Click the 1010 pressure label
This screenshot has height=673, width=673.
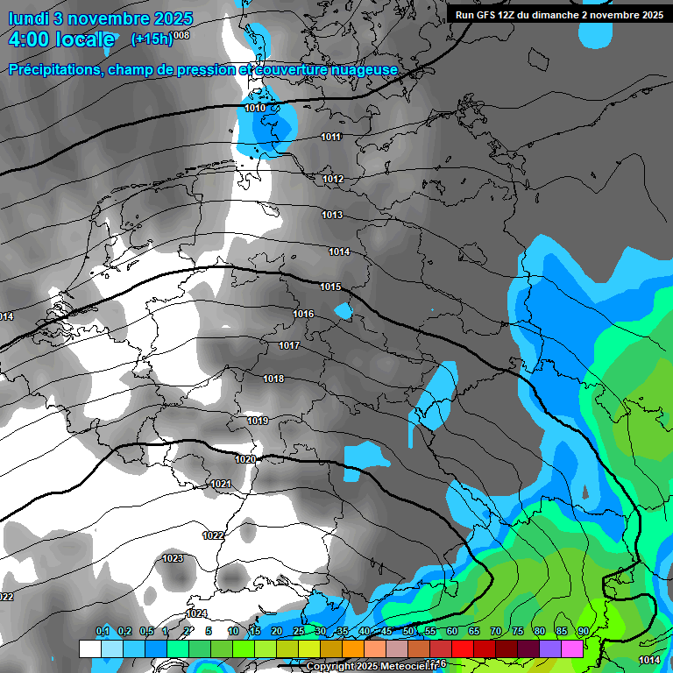click(255, 108)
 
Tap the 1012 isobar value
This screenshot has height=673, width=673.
click(333, 180)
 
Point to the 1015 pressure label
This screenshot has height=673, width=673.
click(330, 287)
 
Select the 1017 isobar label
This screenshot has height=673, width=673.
click(289, 346)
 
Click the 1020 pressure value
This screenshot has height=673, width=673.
click(245, 459)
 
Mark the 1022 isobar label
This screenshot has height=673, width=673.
click(213, 535)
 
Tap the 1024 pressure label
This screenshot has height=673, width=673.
click(196, 613)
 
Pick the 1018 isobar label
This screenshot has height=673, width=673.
click(273, 379)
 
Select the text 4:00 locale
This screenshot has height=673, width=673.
click(61, 39)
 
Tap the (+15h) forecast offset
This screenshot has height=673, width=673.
click(151, 39)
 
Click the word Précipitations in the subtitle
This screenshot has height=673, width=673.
click(53, 69)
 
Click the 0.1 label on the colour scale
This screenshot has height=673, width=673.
click(103, 632)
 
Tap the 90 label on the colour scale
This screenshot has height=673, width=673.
click(583, 632)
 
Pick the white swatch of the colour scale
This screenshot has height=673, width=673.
click(89, 648)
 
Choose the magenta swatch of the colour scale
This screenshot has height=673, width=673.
click(572, 648)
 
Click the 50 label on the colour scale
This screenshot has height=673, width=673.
click(408, 632)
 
